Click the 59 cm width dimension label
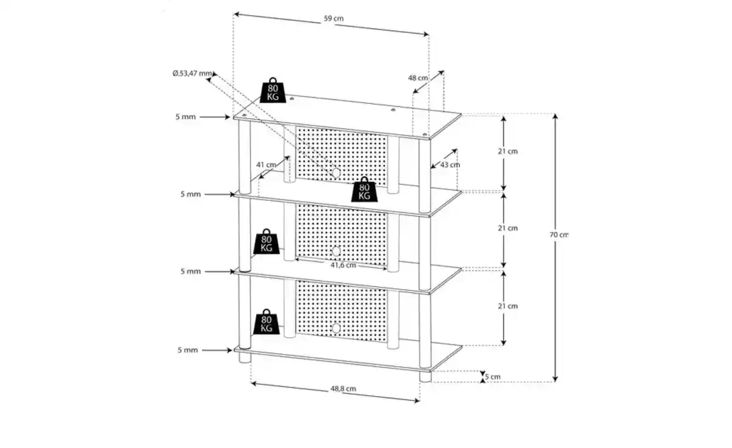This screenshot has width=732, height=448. coord(334,18)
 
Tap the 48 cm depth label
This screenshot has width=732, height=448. coord(418,78)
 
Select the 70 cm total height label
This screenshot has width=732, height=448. coord(559,234)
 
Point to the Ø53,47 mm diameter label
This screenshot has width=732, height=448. coord(192,73)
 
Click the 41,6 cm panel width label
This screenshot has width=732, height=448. coord(343,265)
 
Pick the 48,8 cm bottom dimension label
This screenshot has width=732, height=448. coord(343,389)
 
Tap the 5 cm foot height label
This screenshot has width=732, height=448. coord(492,377)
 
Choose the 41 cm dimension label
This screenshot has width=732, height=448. coord(266,164)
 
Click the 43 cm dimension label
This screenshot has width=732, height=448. coord(450,165)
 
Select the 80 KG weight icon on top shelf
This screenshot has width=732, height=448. coord(273,90)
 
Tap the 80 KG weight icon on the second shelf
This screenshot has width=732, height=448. coord(364,189)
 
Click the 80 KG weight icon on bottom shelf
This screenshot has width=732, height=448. coord(267,322)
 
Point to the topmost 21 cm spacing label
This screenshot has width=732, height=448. coord(508,151)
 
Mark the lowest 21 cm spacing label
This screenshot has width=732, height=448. coord(508,306)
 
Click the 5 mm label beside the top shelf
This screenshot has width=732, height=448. coord(185,117)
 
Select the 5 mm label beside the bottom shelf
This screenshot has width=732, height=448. coord(188,350)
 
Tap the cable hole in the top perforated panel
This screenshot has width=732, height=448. coord(336,173)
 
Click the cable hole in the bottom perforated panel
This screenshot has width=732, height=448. coord(336,328)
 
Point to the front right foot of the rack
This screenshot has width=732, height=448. coord(426,377)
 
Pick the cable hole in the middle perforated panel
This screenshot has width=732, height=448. coord(336,251)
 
